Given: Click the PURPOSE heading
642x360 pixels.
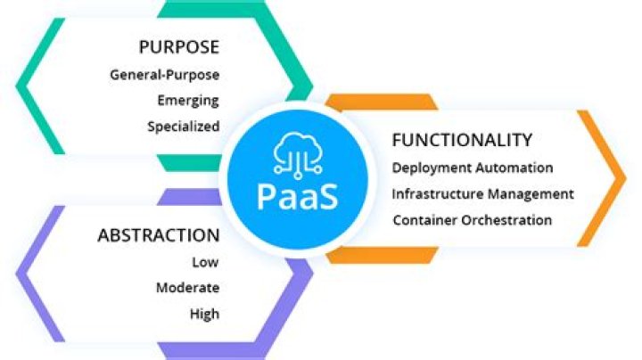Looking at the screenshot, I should click(178, 46).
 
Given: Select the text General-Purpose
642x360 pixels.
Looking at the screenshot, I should click(164, 74).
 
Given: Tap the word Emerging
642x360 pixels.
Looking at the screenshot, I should click(187, 100).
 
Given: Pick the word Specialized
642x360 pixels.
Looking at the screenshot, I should click(183, 127).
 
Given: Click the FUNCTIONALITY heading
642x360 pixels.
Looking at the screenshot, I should click(462, 140).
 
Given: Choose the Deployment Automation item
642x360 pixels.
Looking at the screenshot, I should click(473, 168).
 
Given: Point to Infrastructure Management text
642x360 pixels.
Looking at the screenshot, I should click(482, 193).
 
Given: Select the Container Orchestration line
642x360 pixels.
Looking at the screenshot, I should click(472, 220).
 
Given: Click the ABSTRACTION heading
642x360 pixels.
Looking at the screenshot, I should click(158, 236).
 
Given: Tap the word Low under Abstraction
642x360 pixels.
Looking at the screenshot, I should click(205, 262).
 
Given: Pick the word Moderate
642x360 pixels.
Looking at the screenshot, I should click(187, 288).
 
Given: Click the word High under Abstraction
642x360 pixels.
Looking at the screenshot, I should click(203, 314).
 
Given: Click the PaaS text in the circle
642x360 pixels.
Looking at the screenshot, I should click(297, 196).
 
